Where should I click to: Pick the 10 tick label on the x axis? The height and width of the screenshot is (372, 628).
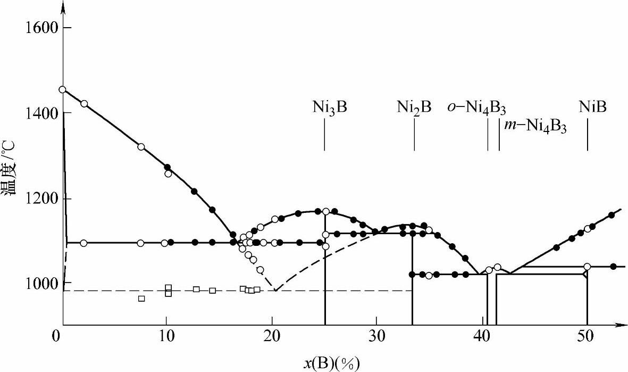pos(166,337)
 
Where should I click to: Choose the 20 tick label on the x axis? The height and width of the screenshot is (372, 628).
pos(271,337)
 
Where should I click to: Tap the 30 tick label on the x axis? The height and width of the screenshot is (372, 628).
pos(376,337)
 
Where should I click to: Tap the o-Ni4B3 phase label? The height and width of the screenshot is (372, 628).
pos(476,108)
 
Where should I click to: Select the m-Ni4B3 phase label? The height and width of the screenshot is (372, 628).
pos(535,128)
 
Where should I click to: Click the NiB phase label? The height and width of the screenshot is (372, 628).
pos(592,108)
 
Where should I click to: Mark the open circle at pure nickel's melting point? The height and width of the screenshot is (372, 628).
pos(63,89)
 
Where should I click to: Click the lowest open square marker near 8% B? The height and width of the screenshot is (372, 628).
pos(141,299)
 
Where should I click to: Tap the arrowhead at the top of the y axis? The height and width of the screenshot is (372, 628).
pos(63,6)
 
